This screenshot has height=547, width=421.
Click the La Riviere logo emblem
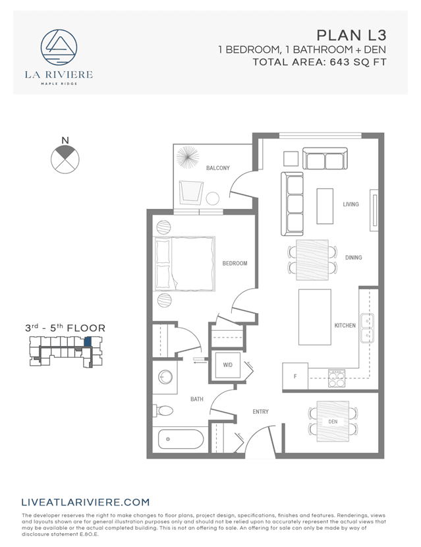point(59,47)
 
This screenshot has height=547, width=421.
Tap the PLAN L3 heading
point(351,35)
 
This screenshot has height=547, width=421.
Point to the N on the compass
point(65,140)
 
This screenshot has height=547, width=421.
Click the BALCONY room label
point(217,168)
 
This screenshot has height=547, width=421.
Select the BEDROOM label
point(235,264)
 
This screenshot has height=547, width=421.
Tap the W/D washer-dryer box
point(228,364)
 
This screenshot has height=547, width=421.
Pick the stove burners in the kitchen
point(337,378)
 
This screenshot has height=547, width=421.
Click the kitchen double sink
point(366,328)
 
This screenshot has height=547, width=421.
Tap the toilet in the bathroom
point(165,411)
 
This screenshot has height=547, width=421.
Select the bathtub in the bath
point(180,438)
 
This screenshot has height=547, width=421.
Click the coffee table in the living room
point(325,206)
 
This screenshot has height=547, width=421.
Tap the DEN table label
point(333,421)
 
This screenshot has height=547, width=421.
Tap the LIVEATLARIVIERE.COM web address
point(86,502)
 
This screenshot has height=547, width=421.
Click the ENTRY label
point(260,412)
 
